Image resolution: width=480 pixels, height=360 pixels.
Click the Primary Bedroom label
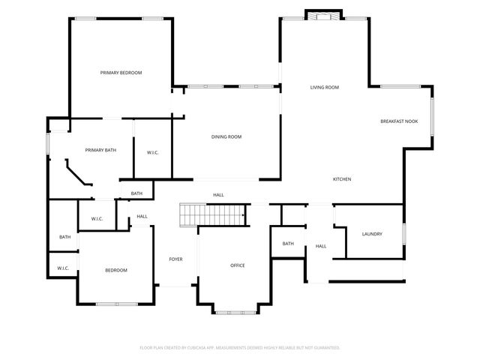tap(121, 73)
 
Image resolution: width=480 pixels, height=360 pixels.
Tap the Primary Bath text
tap(100, 150)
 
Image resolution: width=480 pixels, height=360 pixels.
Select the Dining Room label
tap(226, 136)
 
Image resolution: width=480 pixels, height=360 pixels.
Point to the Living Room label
tap(325, 88)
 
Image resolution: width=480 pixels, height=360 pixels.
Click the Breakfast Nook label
tap(399, 121)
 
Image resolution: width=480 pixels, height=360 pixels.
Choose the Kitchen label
tap(342, 179)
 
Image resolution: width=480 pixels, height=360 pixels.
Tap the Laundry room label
tap(372, 234)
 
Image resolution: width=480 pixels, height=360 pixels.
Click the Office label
tap(238, 265)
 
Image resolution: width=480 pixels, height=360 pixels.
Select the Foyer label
tap(175, 259)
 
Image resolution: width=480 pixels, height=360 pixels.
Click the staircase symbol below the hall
tap(213, 214)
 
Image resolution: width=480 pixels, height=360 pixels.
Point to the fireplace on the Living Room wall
tap(324, 16)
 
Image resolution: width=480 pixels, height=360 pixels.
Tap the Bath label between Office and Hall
tap(288, 244)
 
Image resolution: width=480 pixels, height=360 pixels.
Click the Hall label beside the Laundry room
tap(320, 247)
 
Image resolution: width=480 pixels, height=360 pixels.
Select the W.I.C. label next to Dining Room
tap(152, 153)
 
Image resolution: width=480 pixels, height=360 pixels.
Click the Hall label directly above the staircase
tap(218, 195)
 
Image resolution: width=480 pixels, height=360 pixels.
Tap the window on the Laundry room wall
tap(403, 234)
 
